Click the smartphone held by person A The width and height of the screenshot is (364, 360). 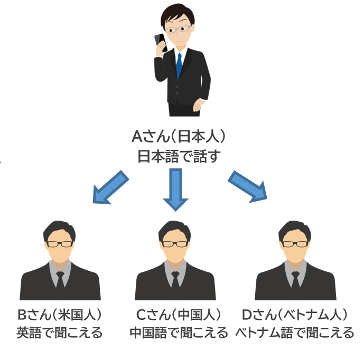click(x=161, y=42)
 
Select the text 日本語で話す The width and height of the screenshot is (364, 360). click(x=178, y=157)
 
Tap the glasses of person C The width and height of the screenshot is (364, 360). click(x=175, y=244)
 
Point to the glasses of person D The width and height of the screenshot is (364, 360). click(x=294, y=244)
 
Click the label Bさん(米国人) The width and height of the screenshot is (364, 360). click(x=60, y=315)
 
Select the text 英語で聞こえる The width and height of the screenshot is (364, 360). click(x=59, y=333)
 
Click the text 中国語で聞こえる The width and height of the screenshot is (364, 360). click(x=179, y=333)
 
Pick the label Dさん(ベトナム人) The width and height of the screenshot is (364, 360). click(x=295, y=315)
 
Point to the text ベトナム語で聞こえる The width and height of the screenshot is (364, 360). click(x=295, y=333)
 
